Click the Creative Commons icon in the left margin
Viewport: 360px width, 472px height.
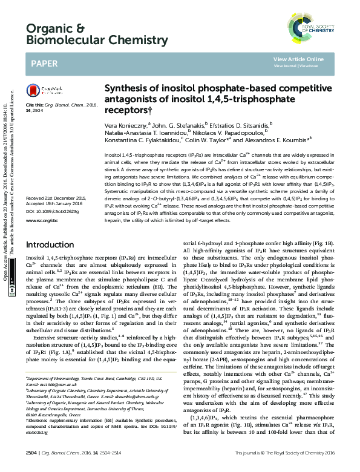click(11, 291)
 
